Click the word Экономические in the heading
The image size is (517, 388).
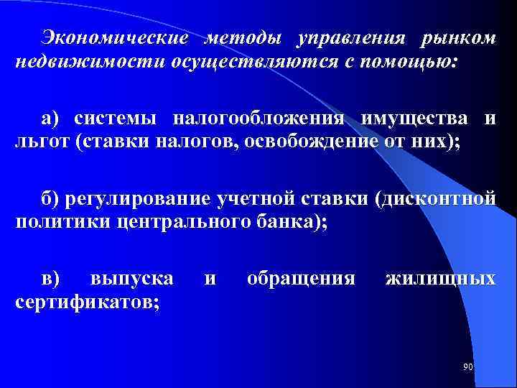click(116, 37)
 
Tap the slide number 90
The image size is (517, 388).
click(468, 367)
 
